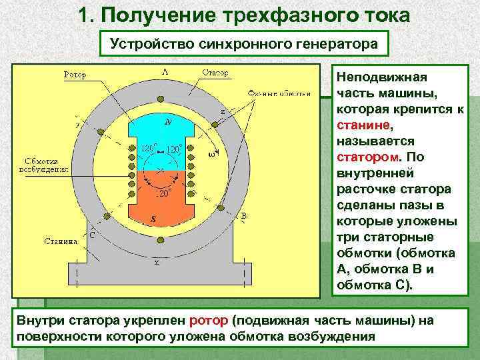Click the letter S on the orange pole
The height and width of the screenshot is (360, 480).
(x=155, y=219)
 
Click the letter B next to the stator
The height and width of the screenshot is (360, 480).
(x=244, y=216)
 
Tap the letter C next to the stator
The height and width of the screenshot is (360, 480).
(x=92, y=234)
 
